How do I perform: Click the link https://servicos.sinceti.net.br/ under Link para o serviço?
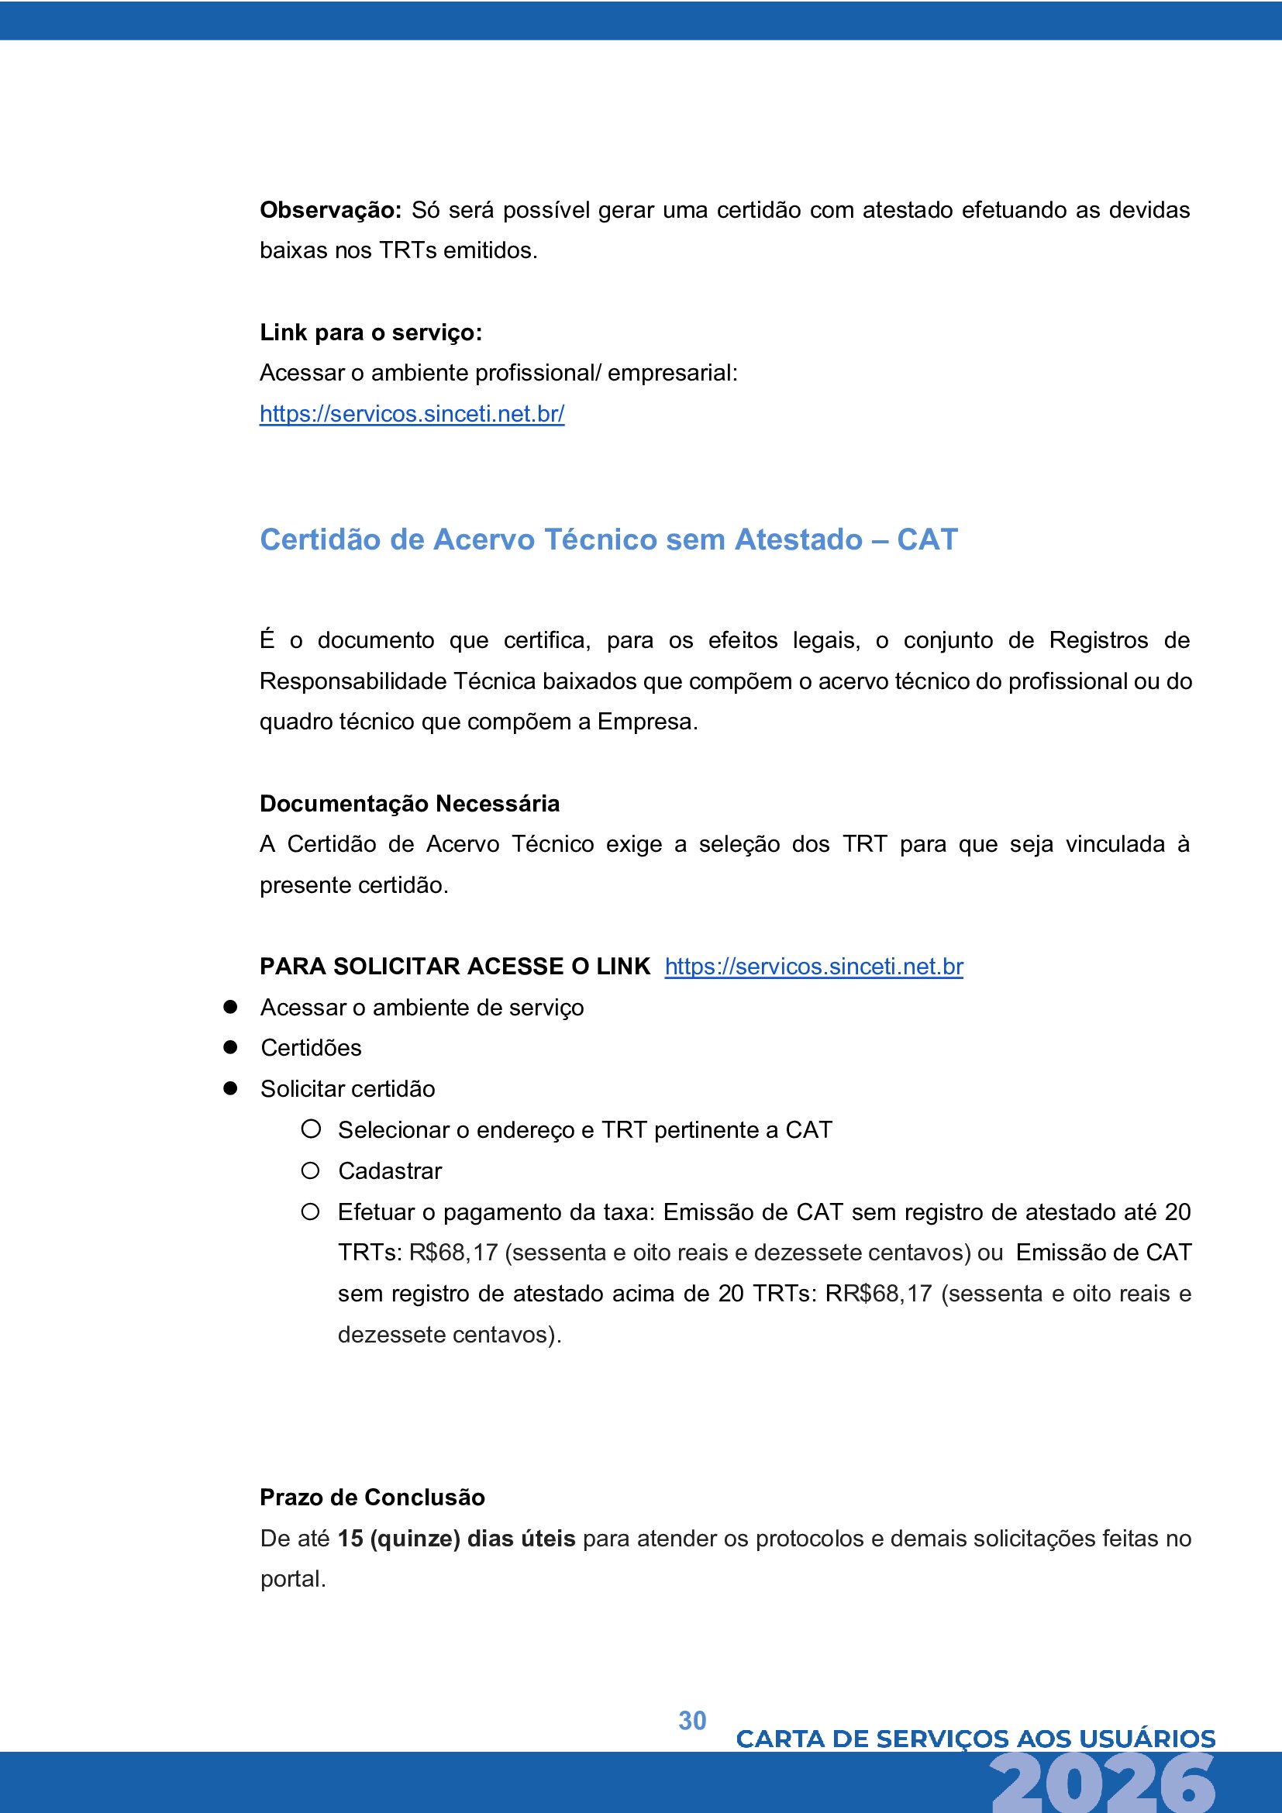[412, 414]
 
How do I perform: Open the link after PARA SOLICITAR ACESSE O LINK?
[813, 967]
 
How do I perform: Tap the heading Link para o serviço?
[370, 333]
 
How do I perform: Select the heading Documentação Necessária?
[410, 804]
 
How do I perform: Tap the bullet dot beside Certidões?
[230, 1047]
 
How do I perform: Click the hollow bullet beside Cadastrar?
[310, 1170]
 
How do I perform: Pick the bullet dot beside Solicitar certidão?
[230, 1088]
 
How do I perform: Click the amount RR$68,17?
[879, 1294]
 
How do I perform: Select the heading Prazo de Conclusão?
[372, 1498]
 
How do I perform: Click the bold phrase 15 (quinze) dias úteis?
[457, 1538]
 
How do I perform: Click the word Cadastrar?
[390, 1171]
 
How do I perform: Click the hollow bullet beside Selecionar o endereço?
[310, 1129]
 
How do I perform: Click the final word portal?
[293, 1579]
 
